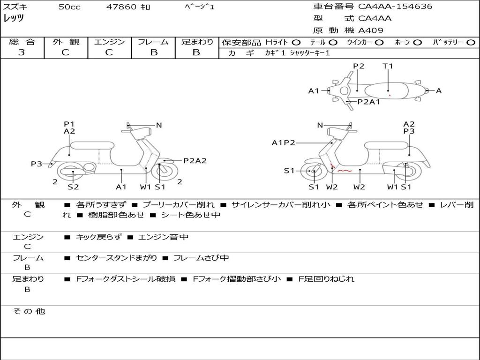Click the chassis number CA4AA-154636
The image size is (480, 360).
[395, 6]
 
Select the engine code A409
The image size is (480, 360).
[370, 30]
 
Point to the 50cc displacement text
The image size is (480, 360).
[69, 7]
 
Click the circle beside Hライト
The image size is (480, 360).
[296, 43]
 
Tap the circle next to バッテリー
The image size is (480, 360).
[471, 43]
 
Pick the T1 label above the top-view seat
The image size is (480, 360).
[388, 66]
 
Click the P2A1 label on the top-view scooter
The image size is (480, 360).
[368, 102]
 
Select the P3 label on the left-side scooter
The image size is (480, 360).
[37, 164]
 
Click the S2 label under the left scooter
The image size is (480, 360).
[73, 187]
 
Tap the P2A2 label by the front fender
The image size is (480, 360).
[195, 161]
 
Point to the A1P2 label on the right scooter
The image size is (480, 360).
[283, 142]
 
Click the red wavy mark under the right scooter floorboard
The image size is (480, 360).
[345, 171]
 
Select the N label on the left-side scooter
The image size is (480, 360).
[158, 125]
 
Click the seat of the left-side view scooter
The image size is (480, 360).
[92, 146]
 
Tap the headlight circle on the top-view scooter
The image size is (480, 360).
[345, 90]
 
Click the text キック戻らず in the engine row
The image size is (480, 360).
[98, 237]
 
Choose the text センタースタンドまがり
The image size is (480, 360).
[116, 258]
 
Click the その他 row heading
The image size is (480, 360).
[29, 311]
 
